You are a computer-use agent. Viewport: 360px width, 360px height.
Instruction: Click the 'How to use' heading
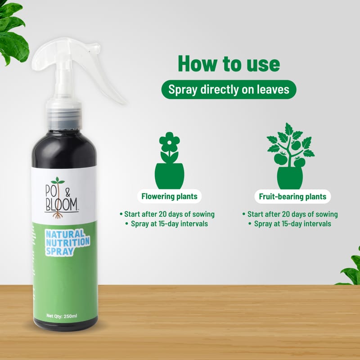[x=229, y=64]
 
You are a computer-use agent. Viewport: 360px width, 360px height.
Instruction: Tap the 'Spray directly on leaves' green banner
[x=229, y=90]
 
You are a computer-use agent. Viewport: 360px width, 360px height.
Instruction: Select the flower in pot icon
[x=170, y=160]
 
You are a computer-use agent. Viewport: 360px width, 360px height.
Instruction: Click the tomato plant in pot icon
[x=290, y=156]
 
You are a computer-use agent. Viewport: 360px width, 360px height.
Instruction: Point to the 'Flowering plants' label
[x=170, y=197]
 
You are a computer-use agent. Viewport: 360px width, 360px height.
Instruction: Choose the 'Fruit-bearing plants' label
[x=292, y=197]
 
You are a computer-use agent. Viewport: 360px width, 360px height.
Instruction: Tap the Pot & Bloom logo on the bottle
[x=62, y=198]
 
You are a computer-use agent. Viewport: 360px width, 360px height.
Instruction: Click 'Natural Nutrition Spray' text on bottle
[x=67, y=243]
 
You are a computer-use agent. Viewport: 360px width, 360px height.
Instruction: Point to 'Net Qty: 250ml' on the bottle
[x=62, y=316]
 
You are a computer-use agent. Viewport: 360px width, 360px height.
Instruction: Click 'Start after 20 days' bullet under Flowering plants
[x=167, y=214]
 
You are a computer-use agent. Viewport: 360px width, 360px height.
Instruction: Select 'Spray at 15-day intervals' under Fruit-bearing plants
[x=290, y=224]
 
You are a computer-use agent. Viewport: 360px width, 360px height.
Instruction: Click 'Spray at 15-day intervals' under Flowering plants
[x=167, y=224]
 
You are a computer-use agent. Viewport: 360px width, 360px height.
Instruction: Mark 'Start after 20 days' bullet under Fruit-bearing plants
[x=290, y=214]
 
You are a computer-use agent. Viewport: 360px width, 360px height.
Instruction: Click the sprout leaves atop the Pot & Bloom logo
[x=58, y=181]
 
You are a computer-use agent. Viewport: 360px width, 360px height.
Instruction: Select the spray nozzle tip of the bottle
[x=97, y=48]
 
